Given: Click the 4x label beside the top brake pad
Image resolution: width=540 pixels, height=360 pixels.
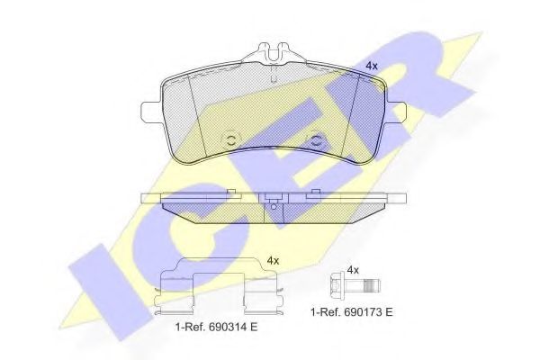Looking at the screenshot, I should (371, 66).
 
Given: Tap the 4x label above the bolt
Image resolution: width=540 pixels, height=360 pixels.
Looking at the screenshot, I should (353, 269).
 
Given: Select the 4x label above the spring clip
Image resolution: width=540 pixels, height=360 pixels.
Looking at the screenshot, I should (274, 260).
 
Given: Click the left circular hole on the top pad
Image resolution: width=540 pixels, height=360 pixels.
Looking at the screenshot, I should (229, 139).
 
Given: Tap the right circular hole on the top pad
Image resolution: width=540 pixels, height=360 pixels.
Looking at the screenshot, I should (316, 139).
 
